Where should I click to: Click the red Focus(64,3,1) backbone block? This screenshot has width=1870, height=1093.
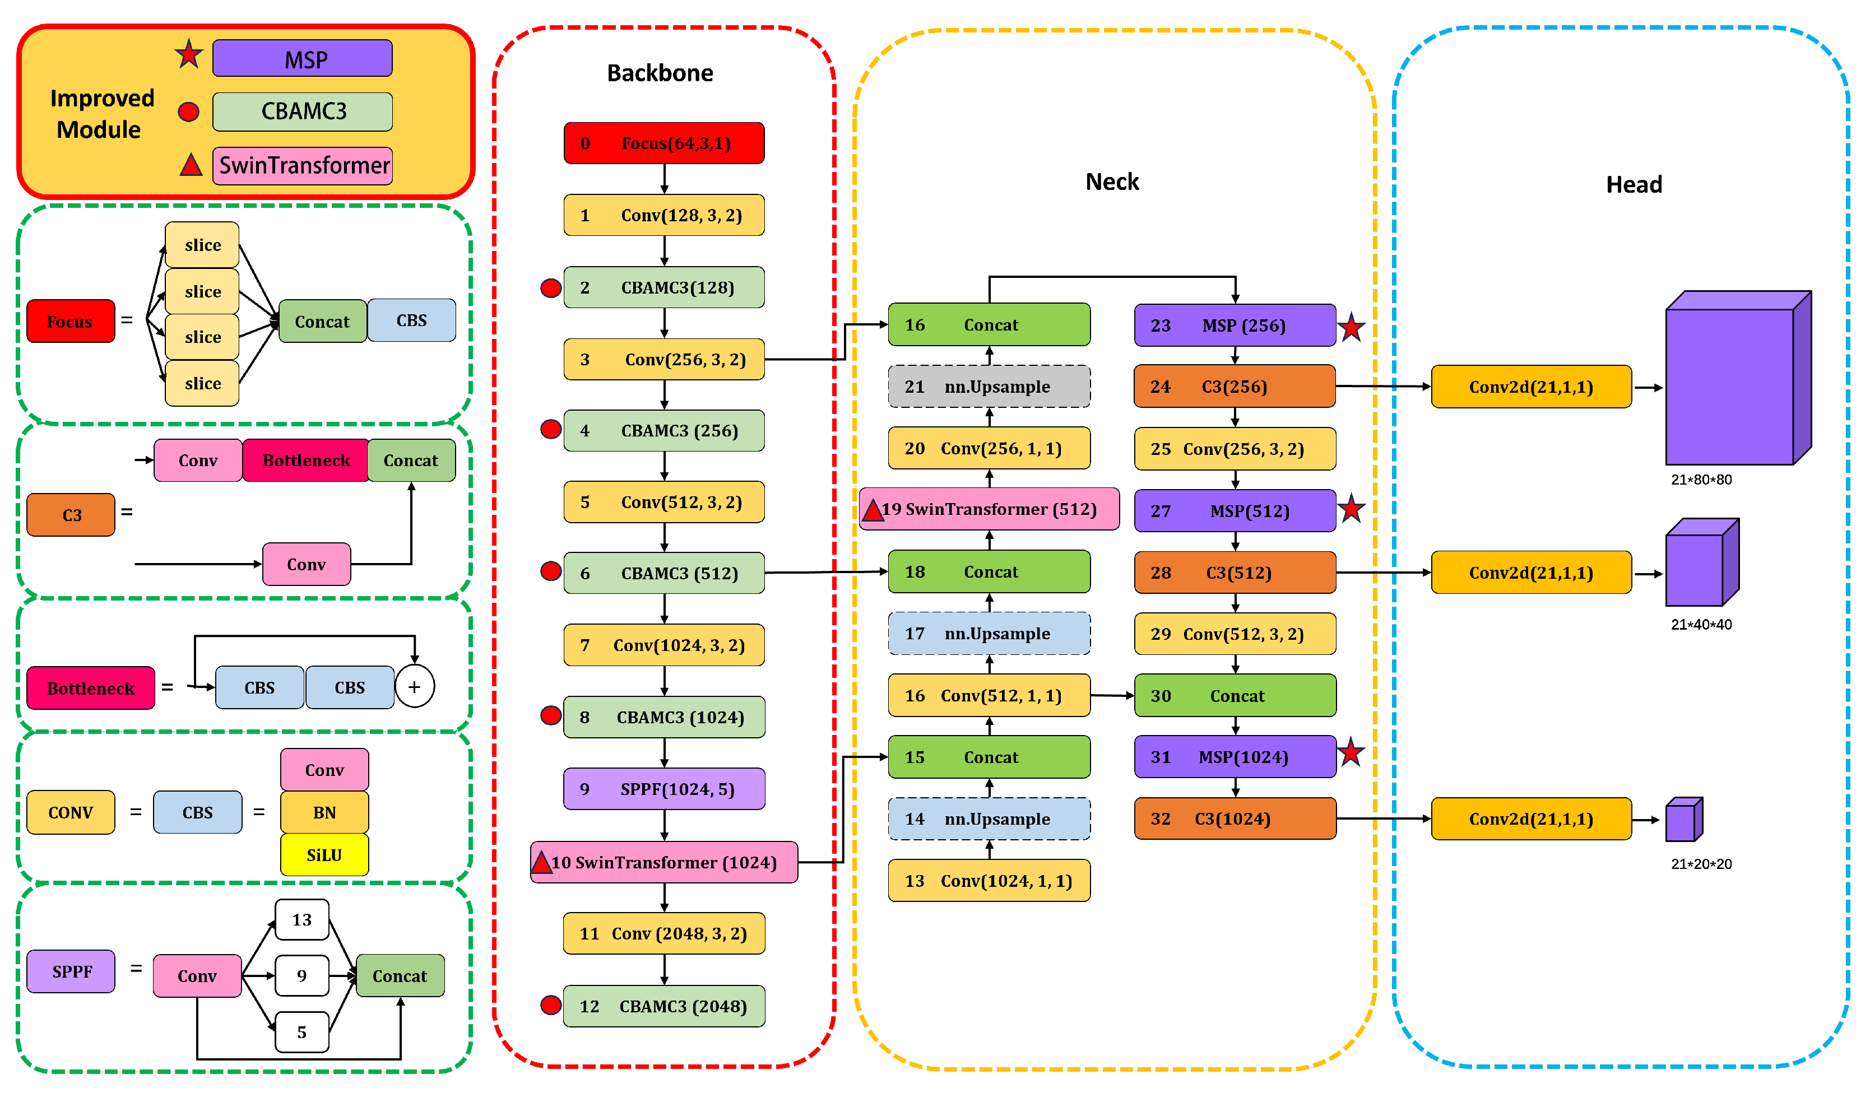pyautogui.click(x=663, y=143)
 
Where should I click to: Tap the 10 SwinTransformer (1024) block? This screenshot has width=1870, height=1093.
pyautogui.click(x=663, y=862)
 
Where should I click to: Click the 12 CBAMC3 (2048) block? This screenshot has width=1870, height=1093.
pyautogui.click(x=663, y=1006)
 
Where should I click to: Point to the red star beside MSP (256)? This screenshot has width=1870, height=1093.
pyautogui.click(x=1351, y=327)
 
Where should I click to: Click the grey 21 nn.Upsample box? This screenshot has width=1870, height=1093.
pyautogui.click(x=989, y=386)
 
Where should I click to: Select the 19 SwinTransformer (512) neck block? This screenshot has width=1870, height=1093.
pyautogui.click(x=989, y=509)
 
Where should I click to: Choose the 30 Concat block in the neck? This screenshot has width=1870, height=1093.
pyautogui.click(x=1235, y=695)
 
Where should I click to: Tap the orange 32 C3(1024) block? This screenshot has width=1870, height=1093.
pyautogui.click(x=1235, y=818)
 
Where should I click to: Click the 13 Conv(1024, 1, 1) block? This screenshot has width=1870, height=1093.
pyautogui.click(x=989, y=880)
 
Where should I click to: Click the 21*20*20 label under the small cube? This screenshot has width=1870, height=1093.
pyautogui.click(x=1701, y=864)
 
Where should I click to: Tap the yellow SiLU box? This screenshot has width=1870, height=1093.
pyautogui.click(x=324, y=855)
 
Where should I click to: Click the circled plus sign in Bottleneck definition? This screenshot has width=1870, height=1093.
pyautogui.click(x=414, y=687)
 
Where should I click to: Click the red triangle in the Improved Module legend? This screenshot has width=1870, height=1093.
pyautogui.click(x=191, y=165)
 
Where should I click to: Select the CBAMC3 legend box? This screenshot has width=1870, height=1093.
pyautogui.click(x=302, y=111)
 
